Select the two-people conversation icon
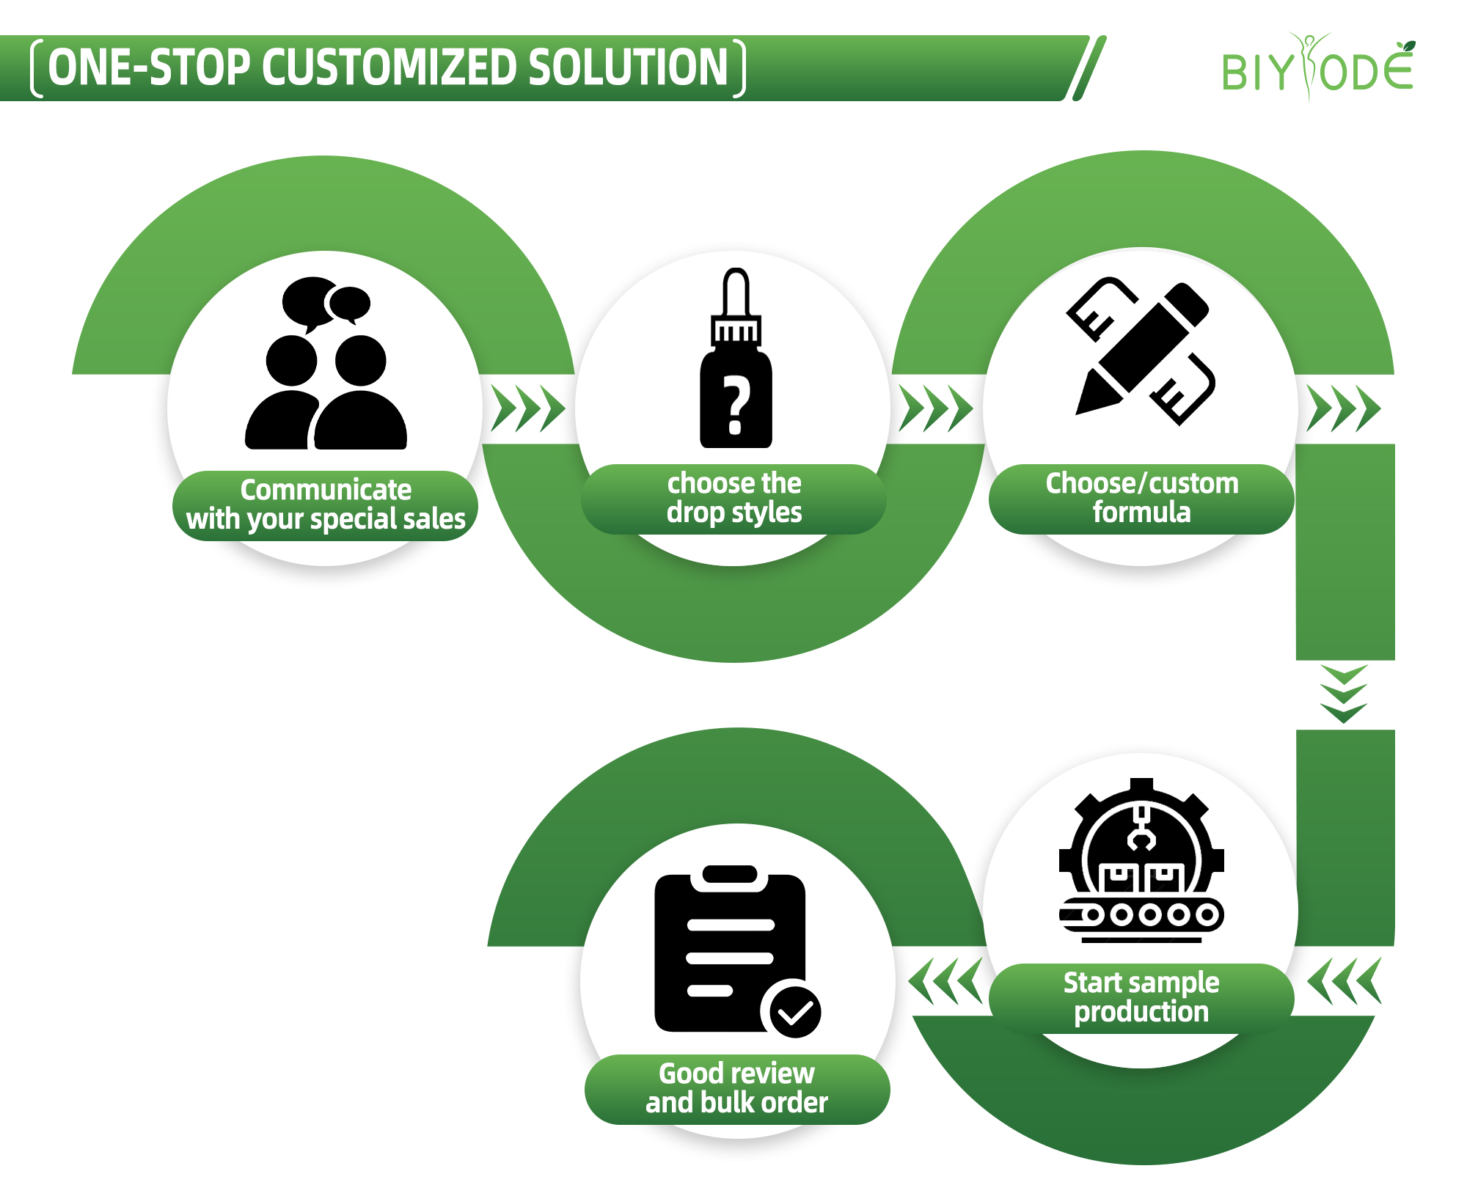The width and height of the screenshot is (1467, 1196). click(x=326, y=364)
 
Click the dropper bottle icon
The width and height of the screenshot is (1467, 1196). click(x=736, y=359)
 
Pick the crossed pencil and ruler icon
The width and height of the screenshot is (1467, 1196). click(x=1141, y=351)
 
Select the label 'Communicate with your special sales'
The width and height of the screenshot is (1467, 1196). click(x=326, y=505)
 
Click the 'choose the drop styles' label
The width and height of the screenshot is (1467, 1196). click(x=733, y=498)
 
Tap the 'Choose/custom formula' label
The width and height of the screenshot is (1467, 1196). click(x=1141, y=498)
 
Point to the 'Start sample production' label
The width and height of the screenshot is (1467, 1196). click(x=1141, y=997)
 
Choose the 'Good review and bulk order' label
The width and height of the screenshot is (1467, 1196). click(x=736, y=1088)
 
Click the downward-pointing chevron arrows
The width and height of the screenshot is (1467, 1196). click(x=1343, y=694)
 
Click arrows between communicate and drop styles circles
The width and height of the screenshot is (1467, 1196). click(x=528, y=408)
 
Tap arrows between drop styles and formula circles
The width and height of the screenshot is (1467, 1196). click(x=936, y=408)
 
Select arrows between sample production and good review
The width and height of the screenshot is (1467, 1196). click(x=945, y=980)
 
